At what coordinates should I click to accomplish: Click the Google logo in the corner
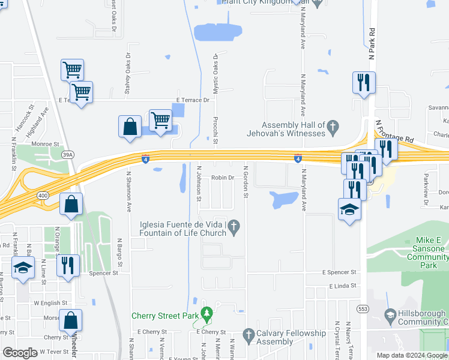point(20,353)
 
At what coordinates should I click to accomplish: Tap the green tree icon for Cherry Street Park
point(206,313)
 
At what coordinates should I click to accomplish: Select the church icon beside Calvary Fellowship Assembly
point(249,334)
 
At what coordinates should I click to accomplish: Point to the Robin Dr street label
point(222,178)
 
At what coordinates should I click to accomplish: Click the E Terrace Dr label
point(194,100)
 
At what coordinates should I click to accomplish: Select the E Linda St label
point(343,286)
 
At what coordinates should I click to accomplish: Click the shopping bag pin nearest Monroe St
point(130,127)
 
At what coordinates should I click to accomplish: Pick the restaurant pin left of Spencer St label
point(67,265)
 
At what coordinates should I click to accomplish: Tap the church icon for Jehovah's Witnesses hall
point(334,127)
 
